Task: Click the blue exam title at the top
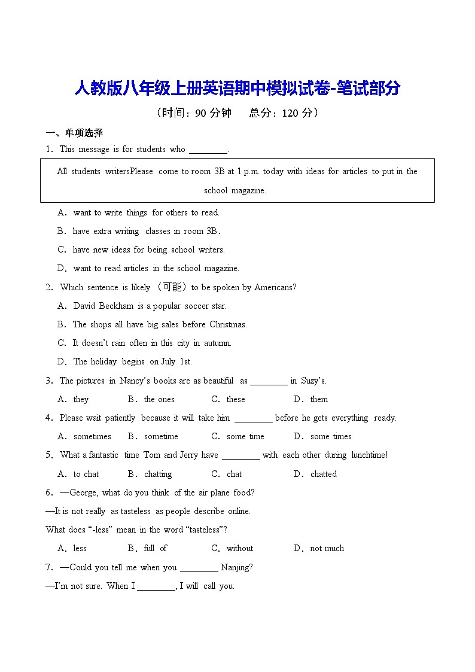pyautogui.click(x=237, y=89)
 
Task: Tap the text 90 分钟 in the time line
pyautogui.click(x=213, y=113)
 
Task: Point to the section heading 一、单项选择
pyautogui.click(x=75, y=133)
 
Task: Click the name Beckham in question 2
pyautogui.click(x=117, y=306)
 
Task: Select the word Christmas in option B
pyautogui.click(x=228, y=324)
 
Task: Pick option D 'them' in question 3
pyautogui.click(x=319, y=399)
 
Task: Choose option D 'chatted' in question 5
pyautogui.click(x=324, y=474)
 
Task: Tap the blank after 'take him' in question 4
pyautogui.click(x=253, y=419)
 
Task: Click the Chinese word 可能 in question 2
pyautogui.click(x=171, y=287)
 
